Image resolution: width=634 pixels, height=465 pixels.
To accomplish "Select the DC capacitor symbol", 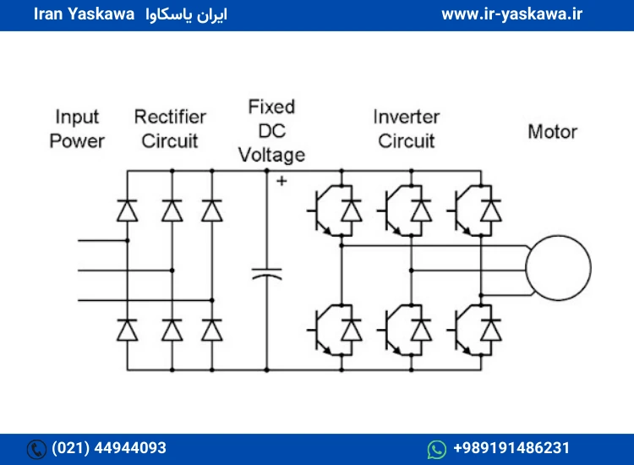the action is pyautogui.click(x=266, y=274).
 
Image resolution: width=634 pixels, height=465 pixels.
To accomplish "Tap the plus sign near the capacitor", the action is pyautogui.click(x=281, y=181).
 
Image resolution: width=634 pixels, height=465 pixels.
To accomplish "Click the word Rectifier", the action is pyautogui.click(x=170, y=117).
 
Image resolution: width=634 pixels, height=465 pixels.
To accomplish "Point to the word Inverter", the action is pyautogui.click(x=407, y=117).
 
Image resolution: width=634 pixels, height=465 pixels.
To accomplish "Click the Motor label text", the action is pyautogui.click(x=553, y=132).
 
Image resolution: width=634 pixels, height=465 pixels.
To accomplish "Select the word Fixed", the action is pyautogui.click(x=271, y=107).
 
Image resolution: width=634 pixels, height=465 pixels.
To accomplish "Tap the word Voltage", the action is pyautogui.click(x=271, y=156).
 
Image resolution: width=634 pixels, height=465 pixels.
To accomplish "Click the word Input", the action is pyautogui.click(x=77, y=118).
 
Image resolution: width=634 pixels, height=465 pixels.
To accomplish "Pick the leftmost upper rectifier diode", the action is pyautogui.click(x=127, y=211).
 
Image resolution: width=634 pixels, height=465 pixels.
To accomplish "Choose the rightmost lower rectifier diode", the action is pyautogui.click(x=212, y=330).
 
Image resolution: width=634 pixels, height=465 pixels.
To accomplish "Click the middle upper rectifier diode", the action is pyautogui.click(x=172, y=211).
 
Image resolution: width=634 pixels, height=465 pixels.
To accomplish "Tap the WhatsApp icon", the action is pyautogui.click(x=437, y=449).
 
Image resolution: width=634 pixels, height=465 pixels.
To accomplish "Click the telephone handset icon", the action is pyautogui.click(x=36, y=449).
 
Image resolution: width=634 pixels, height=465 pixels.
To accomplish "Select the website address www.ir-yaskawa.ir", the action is pyautogui.click(x=512, y=14).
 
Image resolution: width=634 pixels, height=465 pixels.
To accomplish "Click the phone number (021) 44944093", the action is pyautogui.click(x=109, y=448).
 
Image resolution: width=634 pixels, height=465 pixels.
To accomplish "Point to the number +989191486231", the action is pyautogui.click(x=511, y=448).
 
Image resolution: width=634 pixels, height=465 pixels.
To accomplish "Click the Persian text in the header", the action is pyautogui.click(x=187, y=15).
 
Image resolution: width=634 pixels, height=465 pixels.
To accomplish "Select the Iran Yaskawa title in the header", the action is pyautogui.click(x=84, y=14).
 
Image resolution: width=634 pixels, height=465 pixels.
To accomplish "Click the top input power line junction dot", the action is pyautogui.click(x=128, y=241).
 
